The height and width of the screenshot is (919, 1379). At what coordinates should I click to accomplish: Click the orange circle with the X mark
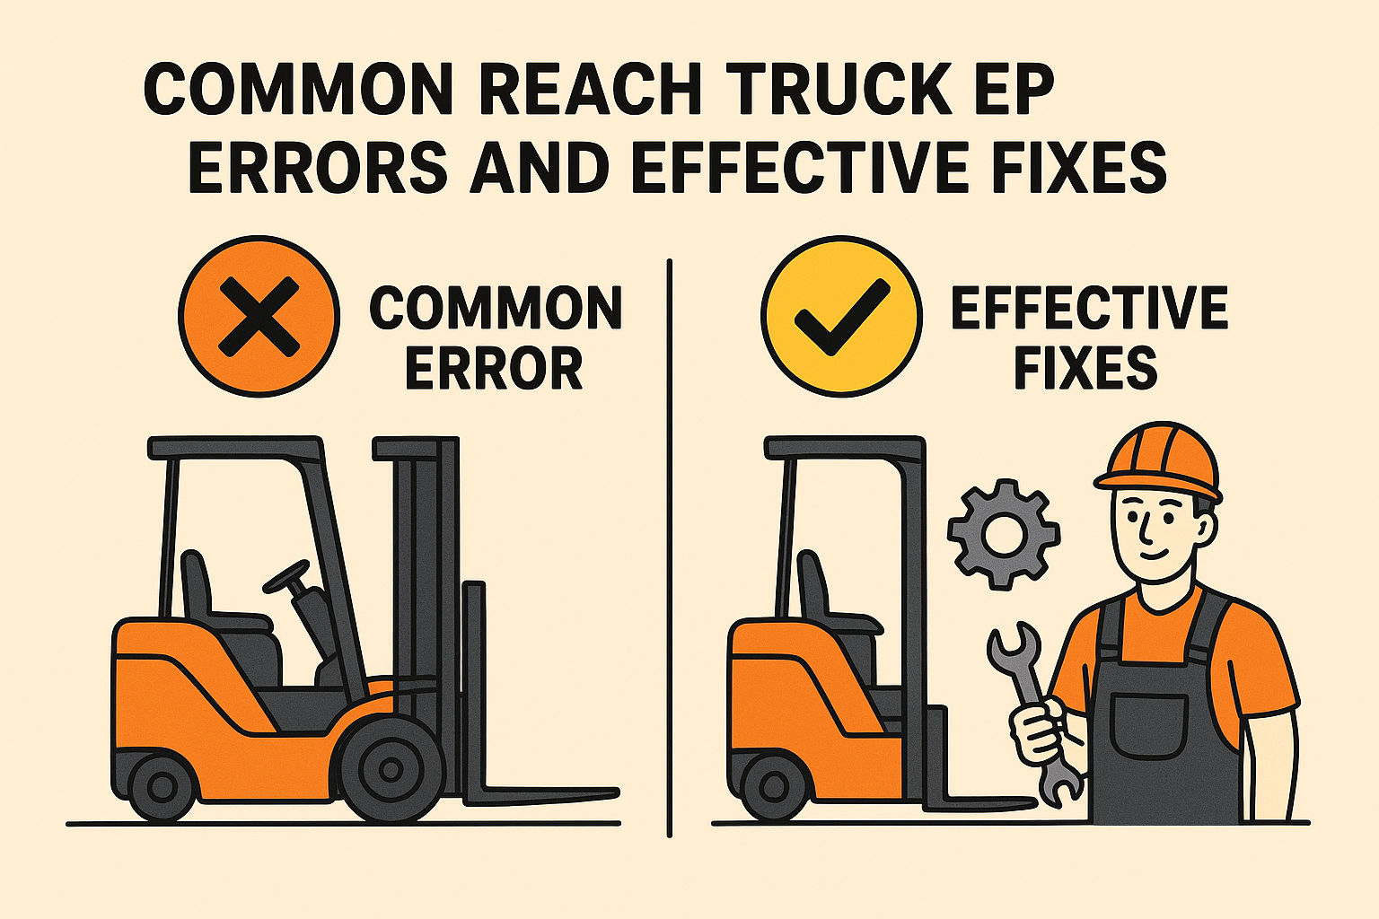point(259,317)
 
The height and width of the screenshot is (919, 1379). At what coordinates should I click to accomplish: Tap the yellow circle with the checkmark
point(841,317)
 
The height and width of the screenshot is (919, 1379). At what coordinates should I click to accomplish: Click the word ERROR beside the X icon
point(494,368)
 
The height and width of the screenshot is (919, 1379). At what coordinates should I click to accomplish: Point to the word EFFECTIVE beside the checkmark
point(1089,309)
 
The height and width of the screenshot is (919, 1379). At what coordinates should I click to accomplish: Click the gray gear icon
point(1004,535)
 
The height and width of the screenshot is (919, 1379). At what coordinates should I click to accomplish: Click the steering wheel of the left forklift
point(286,576)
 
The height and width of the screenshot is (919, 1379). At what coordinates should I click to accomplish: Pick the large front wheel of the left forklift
point(390,769)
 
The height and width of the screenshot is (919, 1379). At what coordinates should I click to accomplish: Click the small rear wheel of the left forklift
point(162,787)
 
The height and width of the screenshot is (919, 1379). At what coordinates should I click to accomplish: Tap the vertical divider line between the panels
point(669,547)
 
